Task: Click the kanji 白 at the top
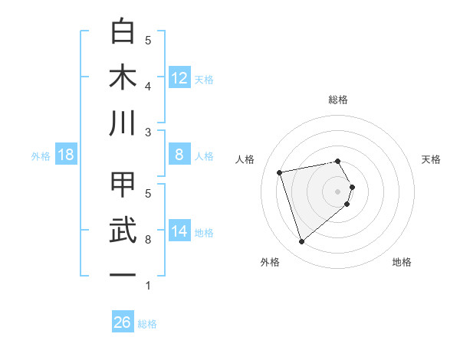pyautogui.click(x=123, y=32)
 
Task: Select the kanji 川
pyautogui.click(x=123, y=123)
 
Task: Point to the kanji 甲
pyautogui.click(x=123, y=185)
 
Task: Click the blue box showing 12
pyautogui.click(x=179, y=78)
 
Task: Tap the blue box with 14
pyautogui.click(x=179, y=231)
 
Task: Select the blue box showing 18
pyautogui.click(x=66, y=155)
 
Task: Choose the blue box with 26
pyautogui.click(x=122, y=323)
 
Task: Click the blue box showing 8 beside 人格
pyautogui.click(x=179, y=155)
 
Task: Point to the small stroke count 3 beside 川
pyautogui.click(x=148, y=133)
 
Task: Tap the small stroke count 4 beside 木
pyautogui.click(x=148, y=87)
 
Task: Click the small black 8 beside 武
pyautogui.click(x=148, y=240)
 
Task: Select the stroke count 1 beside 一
pyautogui.click(x=148, y=286)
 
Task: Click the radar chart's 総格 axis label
pyautogui.click(x=338, y=100)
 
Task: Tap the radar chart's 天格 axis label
pyautogui.click(x=432, y=159)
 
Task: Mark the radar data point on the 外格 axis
pyautogui.click(x=302, y=242)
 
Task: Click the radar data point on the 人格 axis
pyautogui.click(x=280, y=172)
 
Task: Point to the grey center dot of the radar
pyautogui.click(x=338, y=191)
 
